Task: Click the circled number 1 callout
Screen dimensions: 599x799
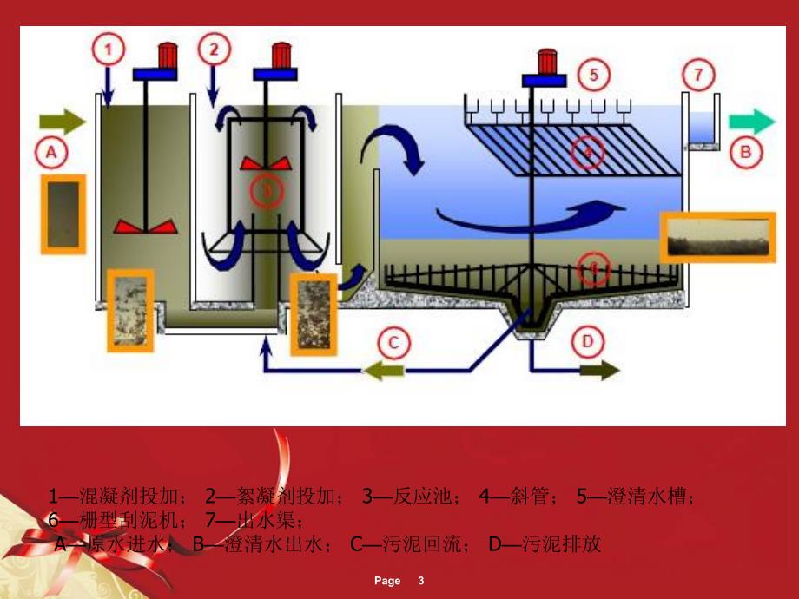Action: click(x=109, y=49)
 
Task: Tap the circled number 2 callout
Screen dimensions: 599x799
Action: click(x=214, y=49)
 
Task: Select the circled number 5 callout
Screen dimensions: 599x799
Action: click(x=593, y=74)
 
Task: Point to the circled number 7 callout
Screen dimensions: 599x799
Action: click(x=698, y=74)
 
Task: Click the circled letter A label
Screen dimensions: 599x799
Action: click(x=50, y=153)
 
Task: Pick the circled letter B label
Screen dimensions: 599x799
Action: click(x=746, y=153)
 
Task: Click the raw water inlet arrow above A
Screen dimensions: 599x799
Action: click(x=63, y=121)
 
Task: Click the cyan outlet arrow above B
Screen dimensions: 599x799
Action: click(x=751, y=121)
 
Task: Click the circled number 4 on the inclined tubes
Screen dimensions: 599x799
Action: click(x=588, y=152)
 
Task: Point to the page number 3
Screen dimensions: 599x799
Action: click(x=420, y=581)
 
